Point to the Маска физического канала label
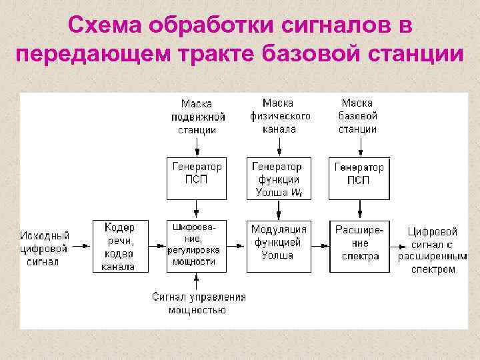pyautogui.click(x=279, y=116)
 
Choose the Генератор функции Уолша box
pyautogui.click(x=278, y=179)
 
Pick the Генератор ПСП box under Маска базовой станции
pyautogui.click(x=359, y=179)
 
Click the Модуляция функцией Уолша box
pyautogui.click(x=278, y=245)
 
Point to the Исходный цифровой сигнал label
pyautogui.click(x=45, y=248)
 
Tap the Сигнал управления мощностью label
pyautogui.click(x=198, y=303)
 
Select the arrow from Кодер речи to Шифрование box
pyautogui.click(x=155, y=245)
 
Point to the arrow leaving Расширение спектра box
pyautogui.click(x=397, y=245)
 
